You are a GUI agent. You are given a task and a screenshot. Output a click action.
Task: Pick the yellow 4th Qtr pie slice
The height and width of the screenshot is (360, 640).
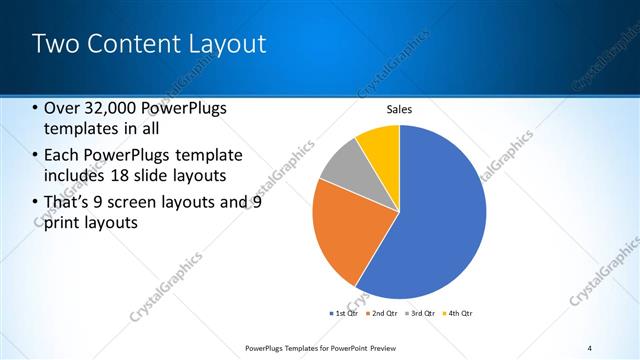tap(381, 143)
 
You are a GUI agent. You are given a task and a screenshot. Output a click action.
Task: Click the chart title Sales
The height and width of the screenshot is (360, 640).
tap(399, 109)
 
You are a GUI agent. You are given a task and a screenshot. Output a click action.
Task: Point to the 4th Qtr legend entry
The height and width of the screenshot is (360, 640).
tap(457, 313)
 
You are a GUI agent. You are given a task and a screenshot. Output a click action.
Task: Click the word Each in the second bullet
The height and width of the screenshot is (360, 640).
tap(63, 155)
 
